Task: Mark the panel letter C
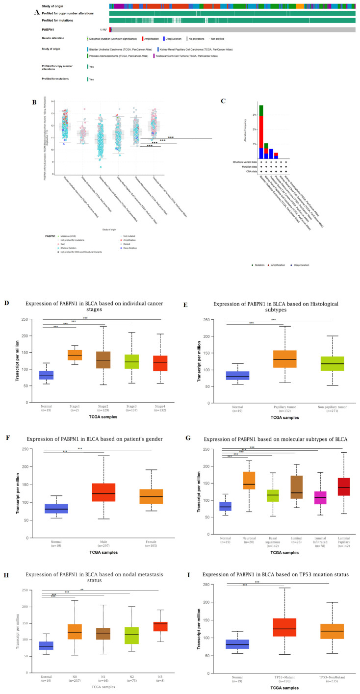coord(223,102)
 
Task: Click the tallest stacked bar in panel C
coord(261,132)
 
